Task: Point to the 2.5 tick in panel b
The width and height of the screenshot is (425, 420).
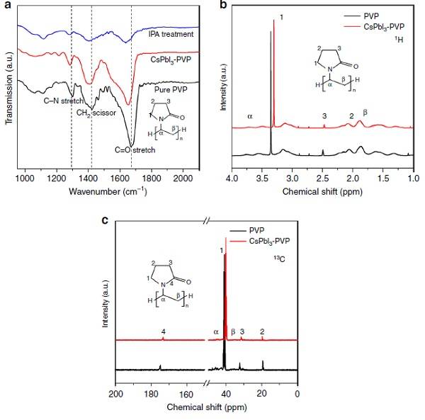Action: (323, 178)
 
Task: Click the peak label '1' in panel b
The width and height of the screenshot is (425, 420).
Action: (282, 16)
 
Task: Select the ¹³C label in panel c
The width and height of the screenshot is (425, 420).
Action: (280, 268)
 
